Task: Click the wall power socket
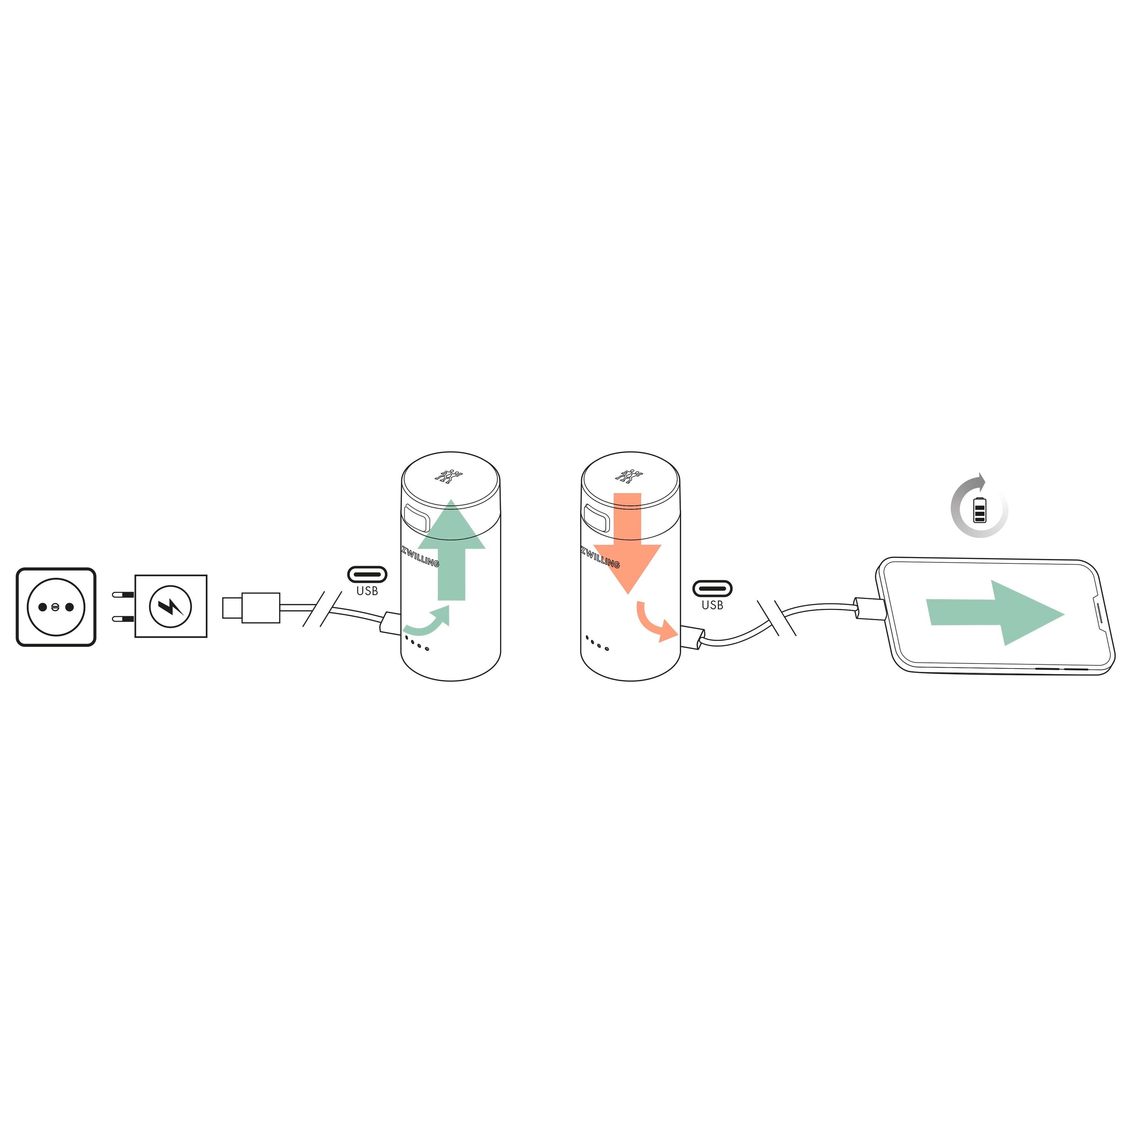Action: (56, 607)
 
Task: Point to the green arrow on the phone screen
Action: (995, 613)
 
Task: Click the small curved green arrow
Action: (426, 621)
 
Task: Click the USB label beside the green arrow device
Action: (367, 591)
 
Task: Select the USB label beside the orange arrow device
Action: (713, 605)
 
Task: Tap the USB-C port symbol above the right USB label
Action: (713, 588)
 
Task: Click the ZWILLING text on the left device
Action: (420, 556)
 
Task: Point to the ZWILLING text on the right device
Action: (600, 557)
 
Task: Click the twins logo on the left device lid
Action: (449, 475)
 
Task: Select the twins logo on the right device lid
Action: (629, 475)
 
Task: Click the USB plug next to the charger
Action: (251, 608)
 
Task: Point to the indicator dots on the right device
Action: (597, 643)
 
